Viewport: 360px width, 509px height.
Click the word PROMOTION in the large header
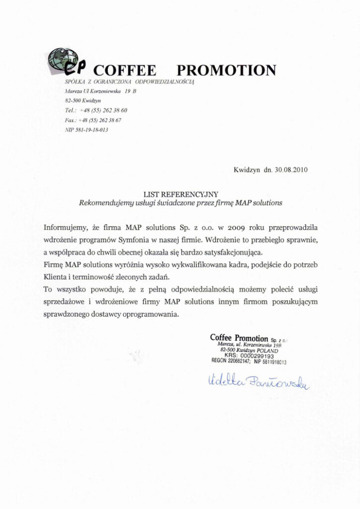(226, 70)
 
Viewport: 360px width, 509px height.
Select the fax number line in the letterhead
(93, 120)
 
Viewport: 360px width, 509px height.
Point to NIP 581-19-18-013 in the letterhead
(87, 130)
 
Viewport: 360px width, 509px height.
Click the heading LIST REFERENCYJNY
(180, 194)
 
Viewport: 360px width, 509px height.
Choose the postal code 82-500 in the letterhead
(73, 101)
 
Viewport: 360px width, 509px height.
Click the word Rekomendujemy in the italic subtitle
(102, 203)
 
